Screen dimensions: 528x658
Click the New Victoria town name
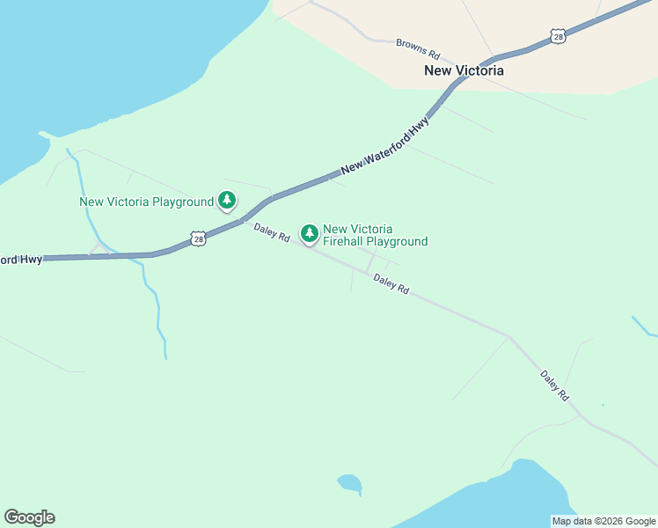tap(464, 70)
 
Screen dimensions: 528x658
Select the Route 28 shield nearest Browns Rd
tap(559, 36)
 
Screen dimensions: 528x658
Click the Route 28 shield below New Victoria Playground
tap(198, 238)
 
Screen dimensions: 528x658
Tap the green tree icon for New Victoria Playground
tap(227, 200)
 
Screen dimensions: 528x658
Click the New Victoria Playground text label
tap(146, 202)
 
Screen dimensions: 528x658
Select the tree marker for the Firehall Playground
tap(309, 233)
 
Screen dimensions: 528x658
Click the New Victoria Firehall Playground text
tap(375, 235)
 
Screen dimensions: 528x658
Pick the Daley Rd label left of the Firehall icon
tap(272, 232)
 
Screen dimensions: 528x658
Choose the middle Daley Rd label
tap(391, 284)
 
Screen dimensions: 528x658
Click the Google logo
tap(29, 517)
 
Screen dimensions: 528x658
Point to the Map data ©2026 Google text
tap(603, 521)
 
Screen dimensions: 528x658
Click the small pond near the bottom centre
tap(349, 482)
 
